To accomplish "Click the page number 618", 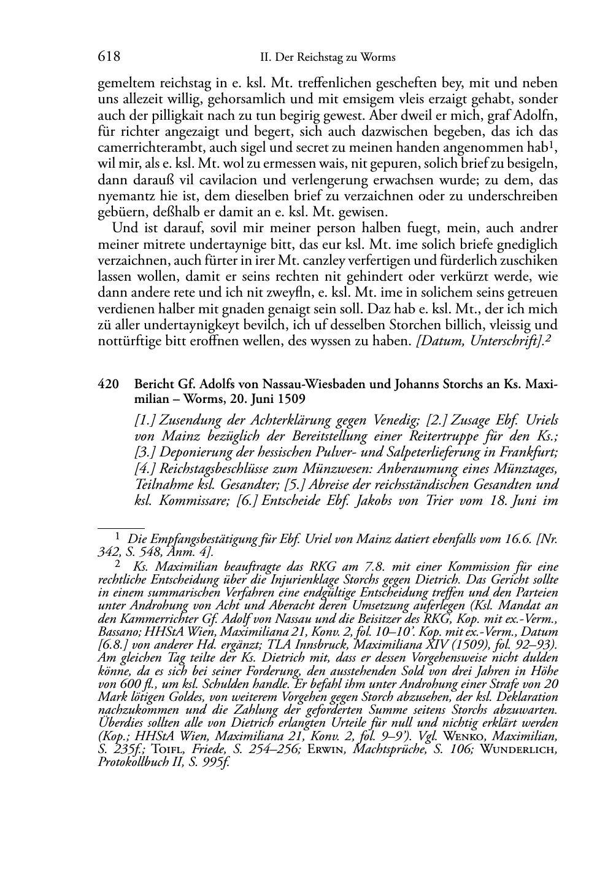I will pyautogui.click(x=109, y=57).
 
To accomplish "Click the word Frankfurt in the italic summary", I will pyautogui.click(x=530, y=453).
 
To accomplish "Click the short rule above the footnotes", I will pyautogui.click(x=121, y=527).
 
